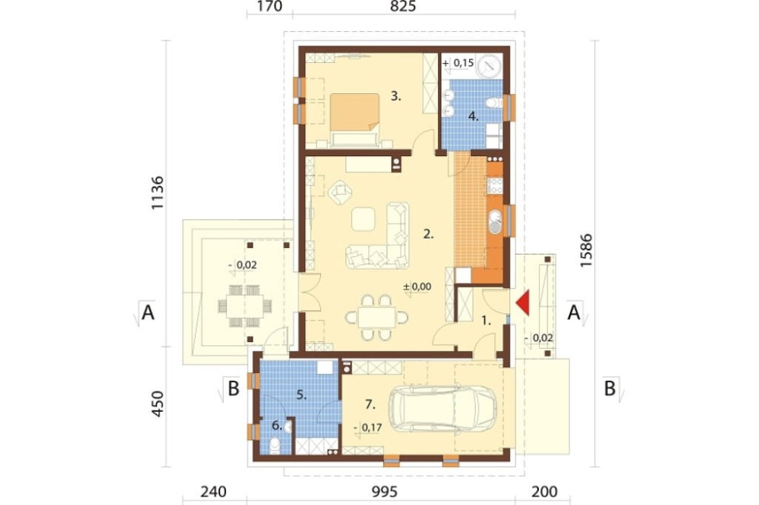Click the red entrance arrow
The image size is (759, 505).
pyautogui.click(x=523, y=303)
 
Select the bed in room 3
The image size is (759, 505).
pyautogui.click(x=354, y=120)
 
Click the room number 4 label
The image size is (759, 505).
pyautogui.click(x=473, y=116)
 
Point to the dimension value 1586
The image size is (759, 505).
pyautogui.click(x=586, y=250)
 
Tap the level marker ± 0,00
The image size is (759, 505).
pyautogui.click(x=417, y=287)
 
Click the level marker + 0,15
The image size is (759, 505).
pyautogui.click(x=458, y=63)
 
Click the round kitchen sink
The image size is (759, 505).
pyautogui.click(x=496, y=222)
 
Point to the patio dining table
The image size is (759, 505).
pyautogui.click(x=245, y=306)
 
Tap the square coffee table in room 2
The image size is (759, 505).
pyautogui.click(x=363, y=219)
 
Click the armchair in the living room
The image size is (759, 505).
pyautogui.click(x=340, y=192)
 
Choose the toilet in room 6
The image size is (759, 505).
pyautogui.click(x=275, y=446)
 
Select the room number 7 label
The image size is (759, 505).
pyautogui.click(x=370, y=404)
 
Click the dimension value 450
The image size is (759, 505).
pyautogui.click(x=158, y=403)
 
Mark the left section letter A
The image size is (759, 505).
pyautogui.click(x=148, y=312)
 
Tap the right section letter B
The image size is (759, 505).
pyautogui.click(x=609, y=388)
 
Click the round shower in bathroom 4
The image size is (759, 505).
pyautogui.click(x=489, y=66)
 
